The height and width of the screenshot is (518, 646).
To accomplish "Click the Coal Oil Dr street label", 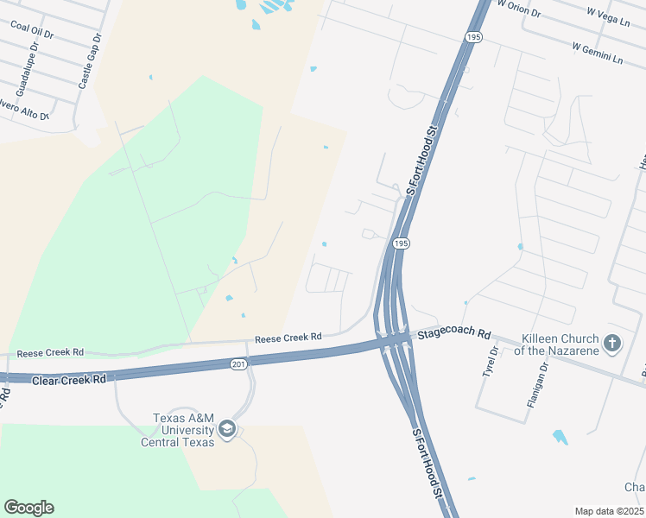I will tap(32, 30).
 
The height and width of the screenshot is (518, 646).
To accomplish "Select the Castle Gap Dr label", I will tap(90, 62).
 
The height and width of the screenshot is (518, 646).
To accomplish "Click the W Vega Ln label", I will tap(608, 16).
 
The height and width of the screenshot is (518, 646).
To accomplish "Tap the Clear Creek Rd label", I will tap(68, 379).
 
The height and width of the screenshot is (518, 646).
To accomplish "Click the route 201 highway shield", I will tap(239, 365).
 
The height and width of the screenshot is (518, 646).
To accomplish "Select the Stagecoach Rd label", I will tap(454, 334).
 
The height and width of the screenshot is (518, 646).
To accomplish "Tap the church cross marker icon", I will tap(612, 344).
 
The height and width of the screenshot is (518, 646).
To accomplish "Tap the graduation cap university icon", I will tap(226, 429).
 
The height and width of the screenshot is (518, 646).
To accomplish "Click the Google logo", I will tap(28, 508).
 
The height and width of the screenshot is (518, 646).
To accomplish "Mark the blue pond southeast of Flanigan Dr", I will tap(560, 437).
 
